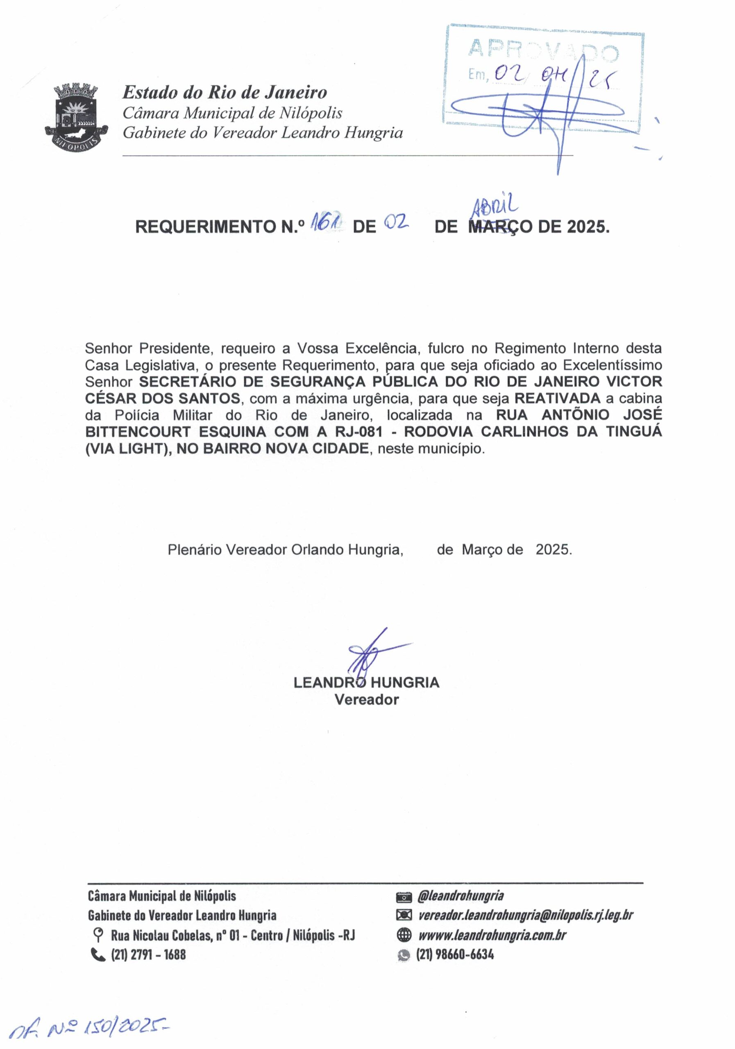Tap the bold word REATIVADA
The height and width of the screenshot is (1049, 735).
557,398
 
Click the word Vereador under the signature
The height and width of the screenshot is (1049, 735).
366,699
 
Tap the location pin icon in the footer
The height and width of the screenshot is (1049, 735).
97,935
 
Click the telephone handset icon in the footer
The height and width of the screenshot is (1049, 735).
98,955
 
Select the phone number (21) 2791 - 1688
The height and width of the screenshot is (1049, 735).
148,955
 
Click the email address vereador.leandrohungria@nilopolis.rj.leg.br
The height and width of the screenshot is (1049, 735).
525,915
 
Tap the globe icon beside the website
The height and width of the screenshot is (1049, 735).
404,935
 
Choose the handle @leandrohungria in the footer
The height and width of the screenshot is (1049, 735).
460,895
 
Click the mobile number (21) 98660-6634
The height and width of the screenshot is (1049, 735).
454,954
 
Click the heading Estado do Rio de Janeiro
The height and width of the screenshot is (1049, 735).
224,92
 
